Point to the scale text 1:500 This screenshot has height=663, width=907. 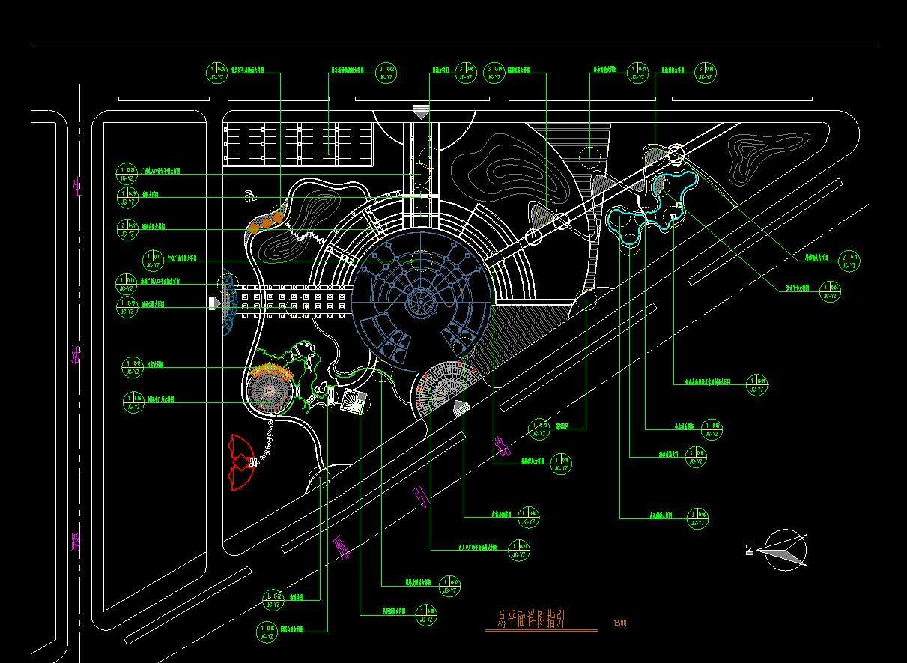(619, 623)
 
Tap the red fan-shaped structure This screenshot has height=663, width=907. (241, 462)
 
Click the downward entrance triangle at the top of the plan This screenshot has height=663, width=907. (421, 112)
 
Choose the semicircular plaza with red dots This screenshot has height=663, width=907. (447, 387)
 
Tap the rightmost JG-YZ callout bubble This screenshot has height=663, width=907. (849, 261)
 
